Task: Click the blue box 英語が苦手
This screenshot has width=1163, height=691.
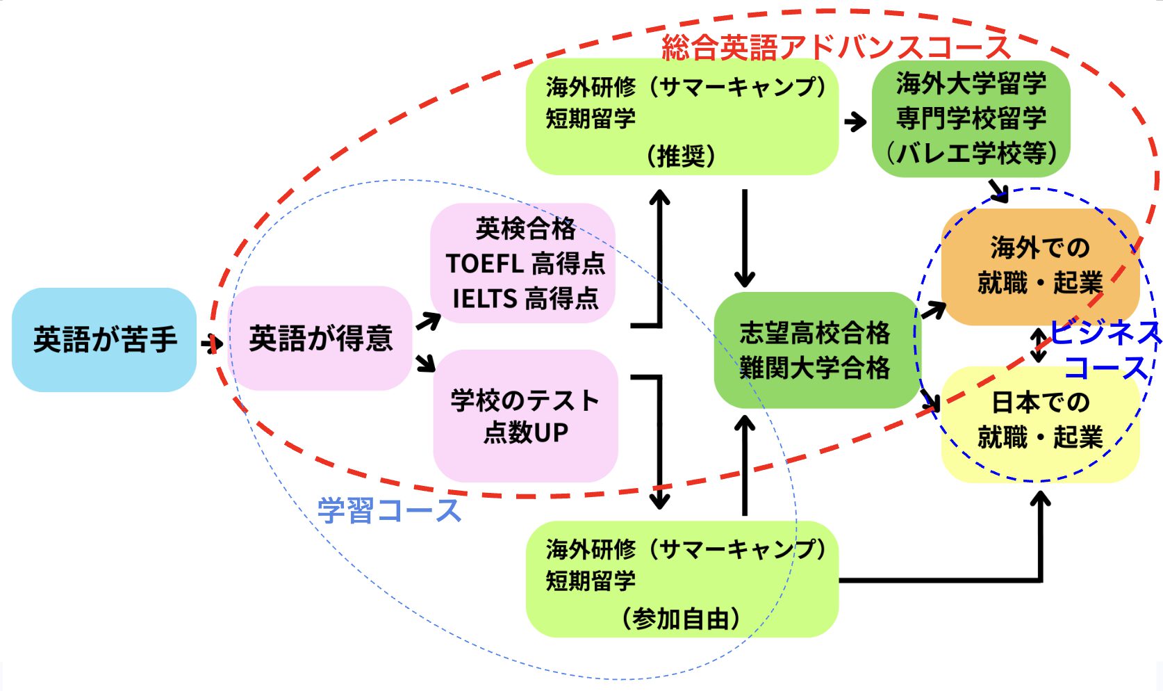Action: point(104,340)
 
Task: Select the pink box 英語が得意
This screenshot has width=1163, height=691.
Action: point(320,339)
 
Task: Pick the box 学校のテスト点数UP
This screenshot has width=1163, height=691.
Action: point(525,416)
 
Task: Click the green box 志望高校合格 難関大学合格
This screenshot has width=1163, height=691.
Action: point(814,350)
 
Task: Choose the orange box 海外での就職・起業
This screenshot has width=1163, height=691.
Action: point(1039,266)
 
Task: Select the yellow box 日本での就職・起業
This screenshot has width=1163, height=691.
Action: point(1039,421)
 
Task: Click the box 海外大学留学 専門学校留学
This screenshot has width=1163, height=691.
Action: point(971,118)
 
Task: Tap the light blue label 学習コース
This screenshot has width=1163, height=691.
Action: point(389,510)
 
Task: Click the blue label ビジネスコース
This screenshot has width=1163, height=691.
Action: point(1105,350)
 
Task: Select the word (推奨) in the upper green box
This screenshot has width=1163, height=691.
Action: point(681,155)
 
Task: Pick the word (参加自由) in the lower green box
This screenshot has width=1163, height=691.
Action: point(681,617)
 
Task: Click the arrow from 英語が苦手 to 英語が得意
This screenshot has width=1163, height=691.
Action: point(211,343)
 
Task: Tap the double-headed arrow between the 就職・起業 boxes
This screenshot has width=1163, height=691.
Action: point(1039,345)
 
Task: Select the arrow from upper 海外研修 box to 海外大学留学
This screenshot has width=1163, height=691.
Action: point(855,122)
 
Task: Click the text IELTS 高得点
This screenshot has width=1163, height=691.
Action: point(525,299)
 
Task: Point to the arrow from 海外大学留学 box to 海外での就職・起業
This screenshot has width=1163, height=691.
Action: point(998,190)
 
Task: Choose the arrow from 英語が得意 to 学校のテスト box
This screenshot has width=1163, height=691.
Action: point(425,363)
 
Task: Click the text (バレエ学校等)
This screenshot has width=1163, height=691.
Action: point(971,153)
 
